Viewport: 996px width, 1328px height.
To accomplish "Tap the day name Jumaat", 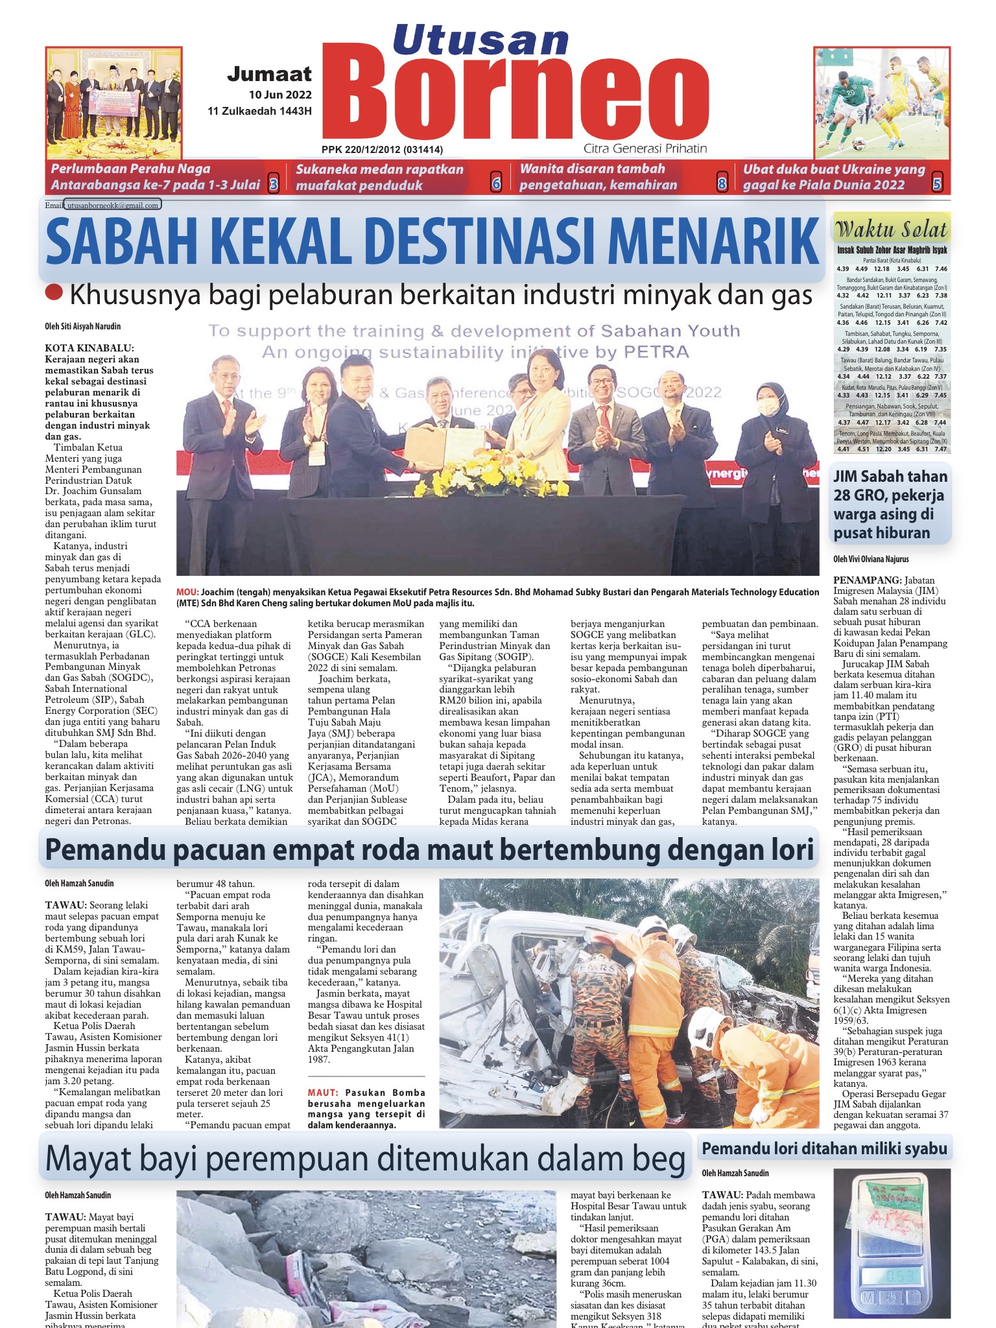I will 269,75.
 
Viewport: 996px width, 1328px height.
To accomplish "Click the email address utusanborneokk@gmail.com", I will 113,206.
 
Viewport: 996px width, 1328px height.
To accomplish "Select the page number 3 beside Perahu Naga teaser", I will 274,185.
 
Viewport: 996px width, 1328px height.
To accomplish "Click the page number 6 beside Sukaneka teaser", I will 497,184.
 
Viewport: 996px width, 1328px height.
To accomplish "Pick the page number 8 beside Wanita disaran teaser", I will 722,184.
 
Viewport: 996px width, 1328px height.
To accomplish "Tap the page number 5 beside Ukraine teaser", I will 937,184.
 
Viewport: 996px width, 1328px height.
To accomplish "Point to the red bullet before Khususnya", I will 54,293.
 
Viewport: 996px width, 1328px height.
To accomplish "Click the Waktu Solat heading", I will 892,230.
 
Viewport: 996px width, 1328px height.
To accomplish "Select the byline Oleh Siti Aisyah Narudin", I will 82,326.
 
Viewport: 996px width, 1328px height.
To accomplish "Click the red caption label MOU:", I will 187,592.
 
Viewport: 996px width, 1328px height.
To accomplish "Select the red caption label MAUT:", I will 322,1093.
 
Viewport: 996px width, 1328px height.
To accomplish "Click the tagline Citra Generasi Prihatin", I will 645,148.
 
